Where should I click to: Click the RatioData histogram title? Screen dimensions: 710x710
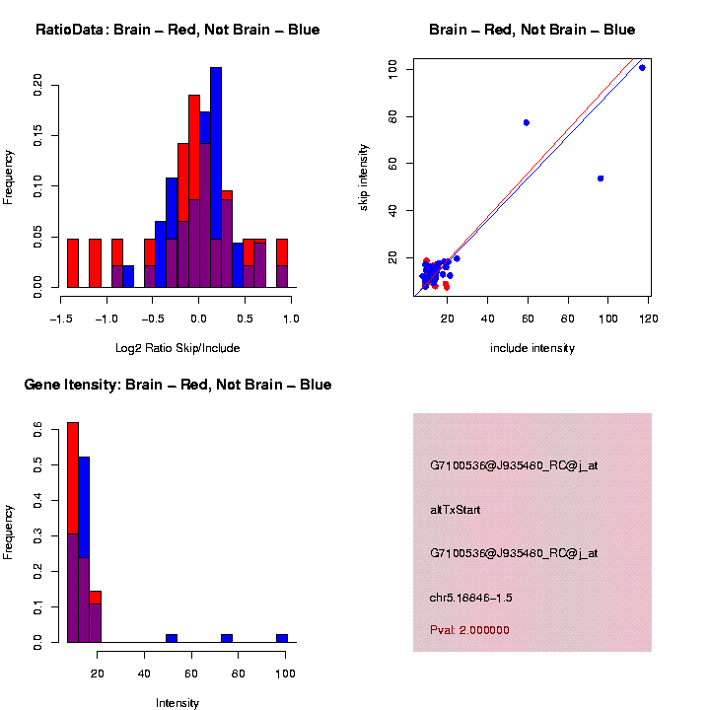coord(177,31)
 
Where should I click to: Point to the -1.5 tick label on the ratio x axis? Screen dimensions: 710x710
coord(61,319)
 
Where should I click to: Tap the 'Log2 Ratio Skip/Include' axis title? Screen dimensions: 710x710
coord(177,348)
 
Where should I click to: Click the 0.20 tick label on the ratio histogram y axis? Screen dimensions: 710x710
coord(38,85)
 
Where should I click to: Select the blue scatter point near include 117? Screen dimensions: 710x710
coord(642,68)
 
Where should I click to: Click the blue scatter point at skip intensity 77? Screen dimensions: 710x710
coord(527,122)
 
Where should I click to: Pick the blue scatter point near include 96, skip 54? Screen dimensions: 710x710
coord(601,178)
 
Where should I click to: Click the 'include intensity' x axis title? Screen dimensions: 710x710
coord(532,348)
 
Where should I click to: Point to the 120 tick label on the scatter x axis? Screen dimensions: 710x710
coord(649,319)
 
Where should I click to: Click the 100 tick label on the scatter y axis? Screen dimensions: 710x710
coord(393,67)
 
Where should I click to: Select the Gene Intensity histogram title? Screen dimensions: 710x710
coord(177,385)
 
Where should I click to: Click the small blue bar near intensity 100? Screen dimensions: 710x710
coord(282,637)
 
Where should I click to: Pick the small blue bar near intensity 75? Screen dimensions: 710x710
coord(227,637)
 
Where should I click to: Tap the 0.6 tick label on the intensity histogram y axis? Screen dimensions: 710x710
coord(38,429)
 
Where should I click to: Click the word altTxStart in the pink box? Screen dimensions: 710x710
coord(455,510)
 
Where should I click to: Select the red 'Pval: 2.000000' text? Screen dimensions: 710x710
coord(469,630)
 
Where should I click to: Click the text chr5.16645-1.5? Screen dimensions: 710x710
coord(471,598)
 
